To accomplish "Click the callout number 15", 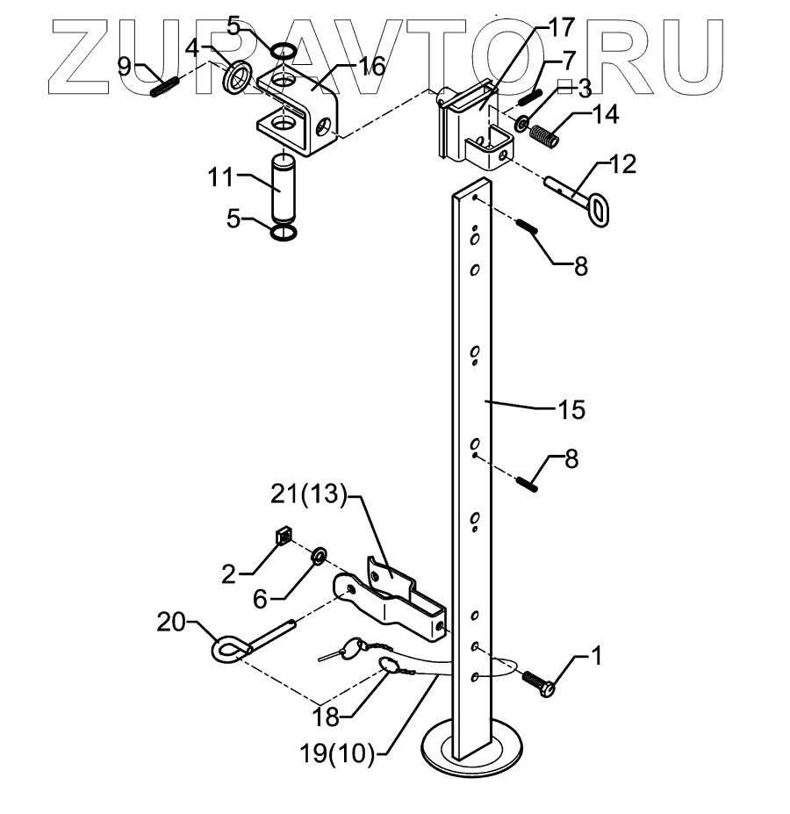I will tap(571, 409).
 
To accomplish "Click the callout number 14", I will tap(606, 113).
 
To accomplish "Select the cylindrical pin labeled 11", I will tap(283, 187).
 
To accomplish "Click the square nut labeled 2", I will tap(284, 536).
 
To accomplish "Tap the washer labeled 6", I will tap(320, 555).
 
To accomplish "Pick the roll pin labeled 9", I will tap(165, 87).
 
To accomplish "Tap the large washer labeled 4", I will tap(237, 77).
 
